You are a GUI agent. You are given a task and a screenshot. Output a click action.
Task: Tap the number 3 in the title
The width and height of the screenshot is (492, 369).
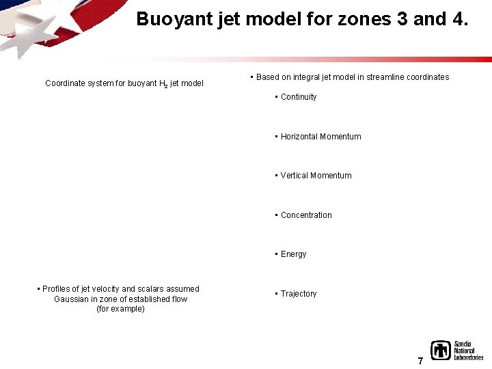pyautogui.click(x=400, y=19)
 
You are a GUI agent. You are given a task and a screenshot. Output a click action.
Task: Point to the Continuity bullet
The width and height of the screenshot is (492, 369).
pyautogui.click(x=299, y=97)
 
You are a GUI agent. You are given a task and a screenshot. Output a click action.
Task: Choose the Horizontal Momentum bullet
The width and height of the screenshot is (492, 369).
pyautogui.click(x=320, y=137)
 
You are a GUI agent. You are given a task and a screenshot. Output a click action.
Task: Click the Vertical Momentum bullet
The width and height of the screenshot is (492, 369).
pyautogui.click(x=316, y=176)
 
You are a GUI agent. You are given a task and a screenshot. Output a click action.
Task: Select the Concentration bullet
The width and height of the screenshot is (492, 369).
pyautogui.click(x=306, y=215)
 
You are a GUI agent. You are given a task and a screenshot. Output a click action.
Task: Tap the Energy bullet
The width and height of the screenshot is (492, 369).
pyautogui.click(x=293, y=254)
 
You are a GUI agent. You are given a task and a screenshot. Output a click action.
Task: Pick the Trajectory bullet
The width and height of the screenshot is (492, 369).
pyautogui.click(x=299, y=294)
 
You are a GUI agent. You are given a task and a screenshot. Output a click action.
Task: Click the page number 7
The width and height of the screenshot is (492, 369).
pyautogui.click(x=420, y=361)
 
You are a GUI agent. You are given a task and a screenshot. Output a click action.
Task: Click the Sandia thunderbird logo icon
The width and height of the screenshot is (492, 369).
pyautogui.click(x=441, y=351)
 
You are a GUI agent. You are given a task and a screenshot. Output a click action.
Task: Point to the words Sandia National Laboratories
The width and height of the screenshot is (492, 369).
pyautogui.click(x=468, y=351)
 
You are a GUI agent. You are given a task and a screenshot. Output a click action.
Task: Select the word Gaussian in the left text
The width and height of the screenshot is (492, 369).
pyautogui.click(x=71, y=299)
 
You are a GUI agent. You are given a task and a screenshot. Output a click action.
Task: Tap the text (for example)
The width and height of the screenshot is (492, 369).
pyautogui.click(x=120, y=309)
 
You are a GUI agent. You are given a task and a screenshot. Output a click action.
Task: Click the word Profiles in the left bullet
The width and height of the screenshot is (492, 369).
pyautogui.click(x=57, y=289)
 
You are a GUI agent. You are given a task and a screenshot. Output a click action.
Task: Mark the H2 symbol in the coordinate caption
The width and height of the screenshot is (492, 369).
pyautogui.click(x=163, y=84)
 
